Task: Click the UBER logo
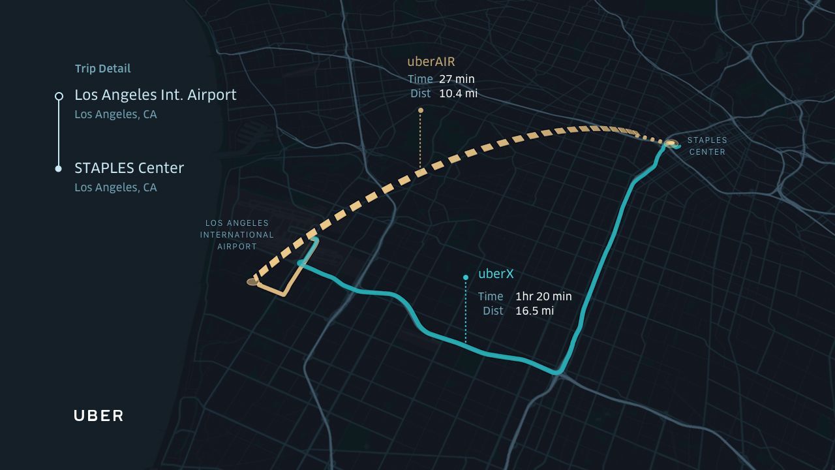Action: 99,416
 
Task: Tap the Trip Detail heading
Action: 102,69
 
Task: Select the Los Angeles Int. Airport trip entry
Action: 155,95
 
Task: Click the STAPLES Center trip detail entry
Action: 129,168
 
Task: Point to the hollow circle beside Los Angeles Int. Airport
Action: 59,96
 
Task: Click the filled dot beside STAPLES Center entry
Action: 59,169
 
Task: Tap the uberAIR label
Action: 431,62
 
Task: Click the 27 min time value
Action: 457,79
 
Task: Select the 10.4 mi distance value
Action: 458,93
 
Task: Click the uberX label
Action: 496,274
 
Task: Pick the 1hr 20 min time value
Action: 543,296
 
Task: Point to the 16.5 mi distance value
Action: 534,311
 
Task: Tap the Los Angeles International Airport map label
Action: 237,235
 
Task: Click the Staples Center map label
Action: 707,146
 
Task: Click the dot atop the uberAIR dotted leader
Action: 420,110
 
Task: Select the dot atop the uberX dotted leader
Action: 465,277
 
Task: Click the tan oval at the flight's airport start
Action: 252,282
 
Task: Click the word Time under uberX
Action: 491,296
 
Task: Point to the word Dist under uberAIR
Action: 421,93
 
